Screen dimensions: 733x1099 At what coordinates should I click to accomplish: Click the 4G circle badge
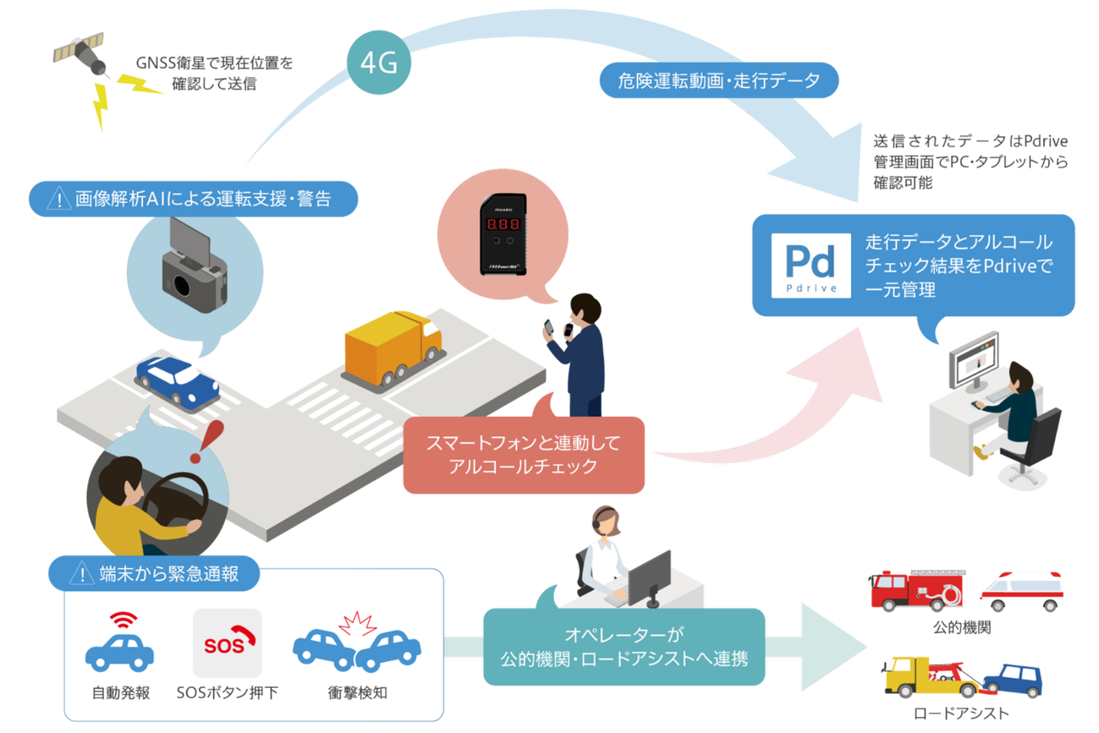379,63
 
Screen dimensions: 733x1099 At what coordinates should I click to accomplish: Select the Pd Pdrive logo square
811,265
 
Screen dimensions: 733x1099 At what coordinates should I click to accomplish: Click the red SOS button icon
227,643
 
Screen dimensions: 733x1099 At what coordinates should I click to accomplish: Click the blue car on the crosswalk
176,379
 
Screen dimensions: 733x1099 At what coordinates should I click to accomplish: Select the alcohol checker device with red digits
503,233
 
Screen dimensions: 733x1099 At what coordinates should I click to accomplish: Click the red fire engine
917,590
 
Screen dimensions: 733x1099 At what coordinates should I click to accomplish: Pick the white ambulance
1022,590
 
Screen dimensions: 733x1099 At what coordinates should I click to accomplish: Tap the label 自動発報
121,693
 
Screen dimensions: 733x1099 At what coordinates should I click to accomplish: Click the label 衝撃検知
357,693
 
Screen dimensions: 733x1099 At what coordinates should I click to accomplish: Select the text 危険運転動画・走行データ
718,80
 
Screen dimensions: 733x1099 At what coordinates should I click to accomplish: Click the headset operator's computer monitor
650,576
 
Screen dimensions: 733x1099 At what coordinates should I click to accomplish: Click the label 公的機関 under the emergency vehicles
962,628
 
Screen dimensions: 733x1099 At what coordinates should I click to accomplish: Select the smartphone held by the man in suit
548,328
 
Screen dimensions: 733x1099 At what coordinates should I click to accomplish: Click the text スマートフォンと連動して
523,443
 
